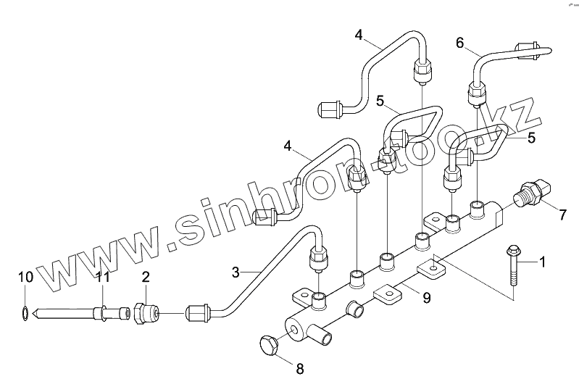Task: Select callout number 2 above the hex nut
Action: pyautogui.click(x=146, y=276)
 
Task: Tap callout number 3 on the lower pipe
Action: pyautogui.click(x=236, y=272)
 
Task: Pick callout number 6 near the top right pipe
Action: pyautogui.click(x=459, y=43)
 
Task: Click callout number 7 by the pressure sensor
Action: pyautogui.click(x=563, y=214)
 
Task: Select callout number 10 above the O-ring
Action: pyautogui.click(x=24, y=276)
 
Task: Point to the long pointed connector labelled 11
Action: pyautogui.click(x=72, y=314)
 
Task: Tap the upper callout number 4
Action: pyautogui.click(x=359, y=33)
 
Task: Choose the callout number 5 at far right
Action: pyautogui.click(x=531, y=137)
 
